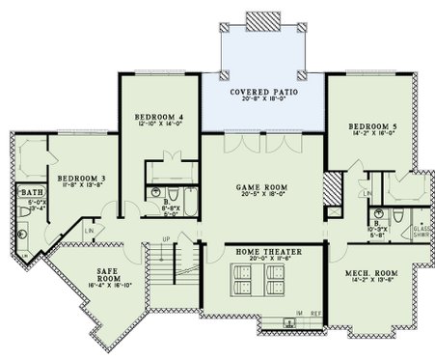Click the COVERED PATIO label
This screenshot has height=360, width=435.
(261, 92)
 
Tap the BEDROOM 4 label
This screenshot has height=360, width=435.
(156, 117)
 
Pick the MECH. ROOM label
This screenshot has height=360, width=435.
(371, 272)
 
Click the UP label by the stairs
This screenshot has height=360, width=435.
(165, 239)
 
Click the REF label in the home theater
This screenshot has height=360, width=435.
(315, 315)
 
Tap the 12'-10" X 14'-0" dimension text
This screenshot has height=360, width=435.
(156, 125)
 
